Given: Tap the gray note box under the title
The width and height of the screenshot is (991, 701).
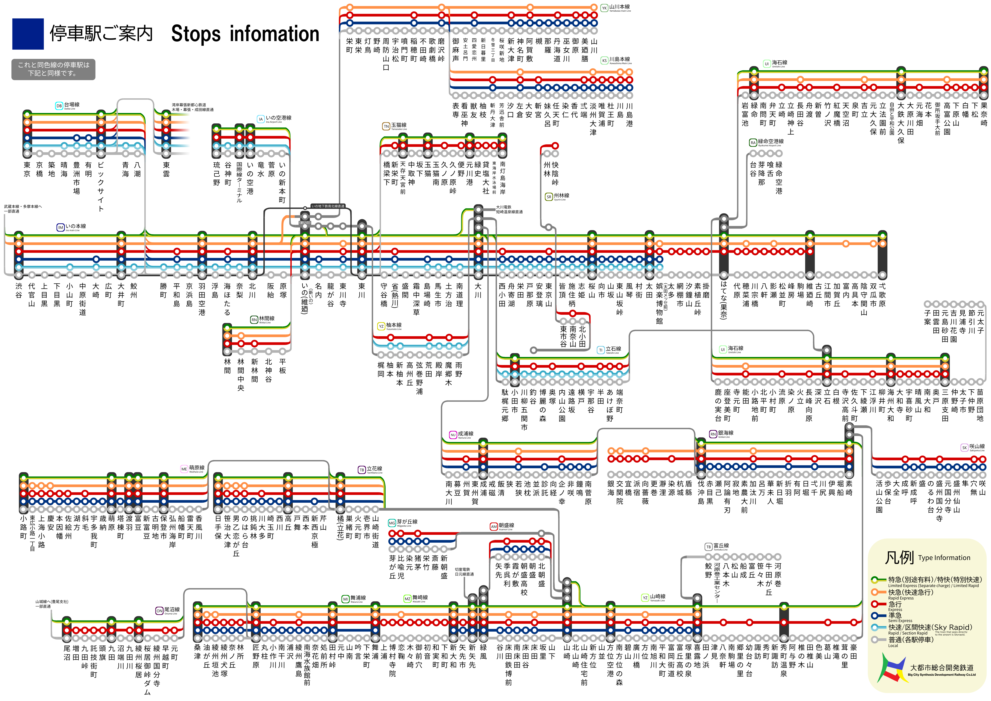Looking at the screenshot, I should (53, 69).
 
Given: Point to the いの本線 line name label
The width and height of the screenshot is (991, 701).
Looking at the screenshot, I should (75, 226).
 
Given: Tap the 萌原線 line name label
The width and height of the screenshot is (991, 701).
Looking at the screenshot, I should (196, 468).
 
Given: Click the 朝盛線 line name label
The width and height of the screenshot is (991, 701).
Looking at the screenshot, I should (506, 526).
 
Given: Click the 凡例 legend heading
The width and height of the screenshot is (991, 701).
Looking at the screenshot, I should (899, 558).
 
